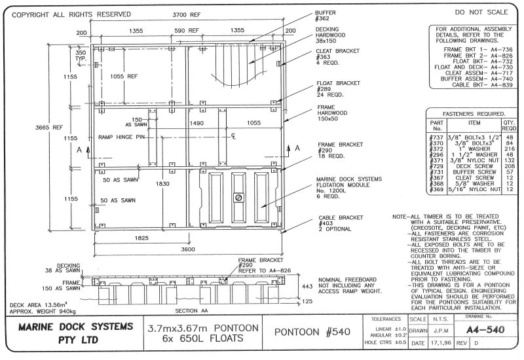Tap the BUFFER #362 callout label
[x=325, y=16]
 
